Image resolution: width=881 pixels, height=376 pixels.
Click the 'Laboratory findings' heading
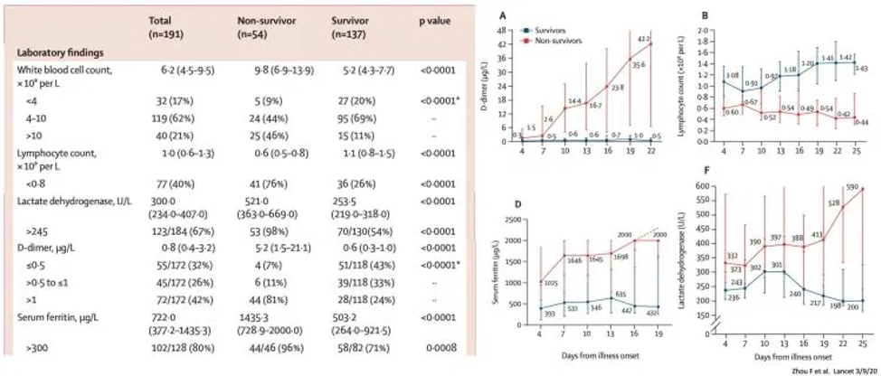click(x=59, y=52)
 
